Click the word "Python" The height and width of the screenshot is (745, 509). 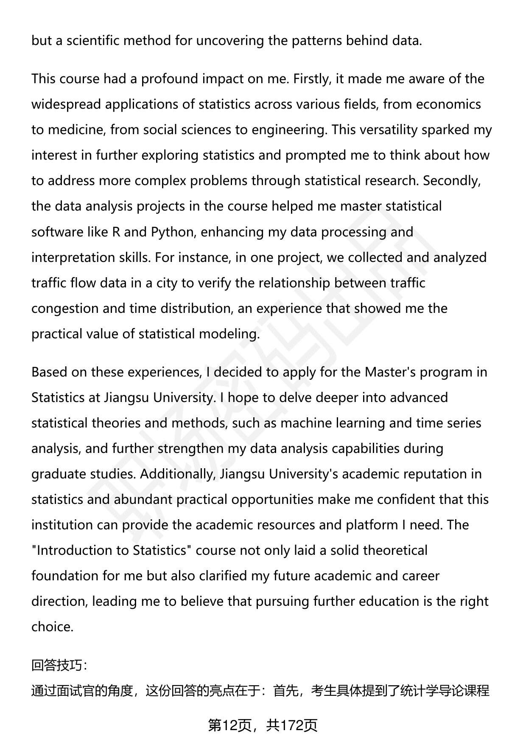[x=173, y=232]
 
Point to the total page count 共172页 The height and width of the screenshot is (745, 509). [x=292, y=725]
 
